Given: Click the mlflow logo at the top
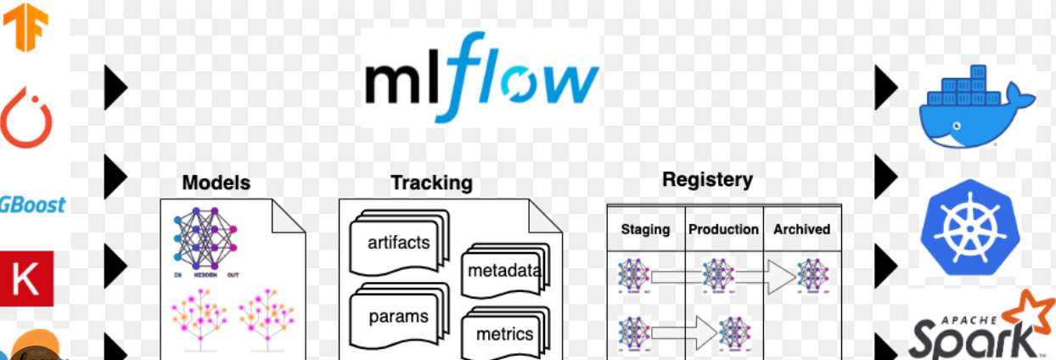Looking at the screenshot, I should [x=481, y=77].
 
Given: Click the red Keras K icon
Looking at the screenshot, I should [x=26, y=278].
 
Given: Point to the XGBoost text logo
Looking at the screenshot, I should [x=32, y=205].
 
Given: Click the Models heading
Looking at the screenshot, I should [x=216, y=183].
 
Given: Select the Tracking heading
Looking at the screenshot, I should [x=431, y=183].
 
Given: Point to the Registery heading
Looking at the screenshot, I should [x=707, y=180].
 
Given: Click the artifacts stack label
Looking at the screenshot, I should [x=399, y=243].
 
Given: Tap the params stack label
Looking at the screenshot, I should [x=398, y=317].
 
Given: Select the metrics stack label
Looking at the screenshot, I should [x=504, y=334].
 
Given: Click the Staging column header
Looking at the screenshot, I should [x=645, y=229].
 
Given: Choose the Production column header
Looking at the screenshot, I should [x=723, y=229].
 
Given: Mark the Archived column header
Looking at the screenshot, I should [x=801, y=229].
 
